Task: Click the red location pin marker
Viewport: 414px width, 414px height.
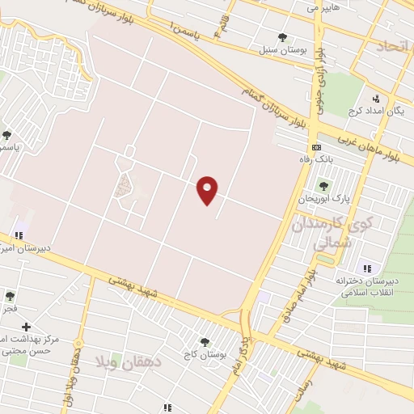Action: [x=209, y=190]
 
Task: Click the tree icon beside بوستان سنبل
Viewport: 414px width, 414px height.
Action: [x=281, y=37]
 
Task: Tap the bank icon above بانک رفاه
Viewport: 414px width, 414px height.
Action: [x=316, y=147]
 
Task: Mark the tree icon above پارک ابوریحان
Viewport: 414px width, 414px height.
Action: [x=323, y=186]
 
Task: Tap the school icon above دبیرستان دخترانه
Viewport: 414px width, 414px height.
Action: [x=368, y=268]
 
